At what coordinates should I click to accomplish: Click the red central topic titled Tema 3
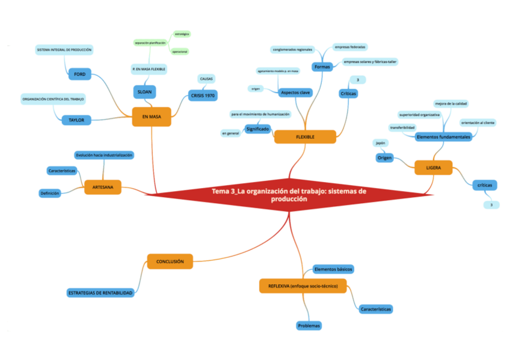tap(289, 195)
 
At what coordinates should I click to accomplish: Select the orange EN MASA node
tap(151, 116)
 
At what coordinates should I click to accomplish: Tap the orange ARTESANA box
tap(103, 188)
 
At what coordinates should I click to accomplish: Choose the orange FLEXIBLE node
tap(305, 137)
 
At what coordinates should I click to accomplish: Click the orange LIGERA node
tap(433, 168)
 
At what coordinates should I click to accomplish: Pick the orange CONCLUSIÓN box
tap(170, 261)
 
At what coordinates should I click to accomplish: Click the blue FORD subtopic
tap(79, 74)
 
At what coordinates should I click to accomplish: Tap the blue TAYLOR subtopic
tap(76, 120)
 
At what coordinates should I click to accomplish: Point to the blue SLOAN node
tap(145, 91)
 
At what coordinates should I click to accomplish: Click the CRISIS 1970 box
tap(203, 96)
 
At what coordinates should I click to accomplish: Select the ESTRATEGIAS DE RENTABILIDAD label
tap(100, 293)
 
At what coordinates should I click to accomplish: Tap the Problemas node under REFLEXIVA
tap(309, 326)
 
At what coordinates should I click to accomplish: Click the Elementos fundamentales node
tap(443, 137)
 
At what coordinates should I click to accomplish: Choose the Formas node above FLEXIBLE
tap(322, 67)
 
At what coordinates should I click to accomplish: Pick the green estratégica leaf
tap(182, 34)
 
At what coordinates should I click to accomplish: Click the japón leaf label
tap(380, 143)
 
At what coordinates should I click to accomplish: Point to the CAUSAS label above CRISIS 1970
tap(206, 79)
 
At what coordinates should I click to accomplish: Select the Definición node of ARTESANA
tap(49, 193)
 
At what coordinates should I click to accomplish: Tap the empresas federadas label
tap(350, 47)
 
